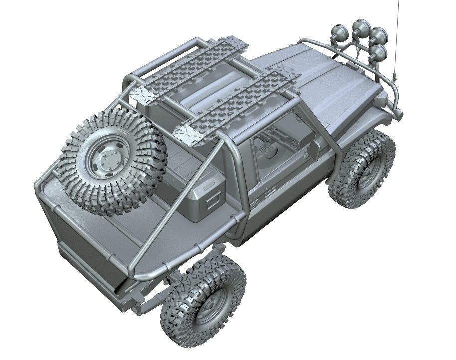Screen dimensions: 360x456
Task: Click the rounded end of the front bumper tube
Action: pos(400,115)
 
